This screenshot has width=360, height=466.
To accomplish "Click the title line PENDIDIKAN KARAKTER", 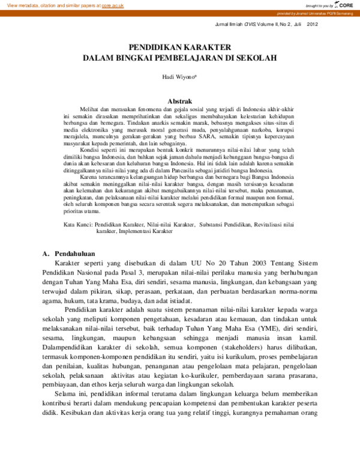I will [x=179, y=47].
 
